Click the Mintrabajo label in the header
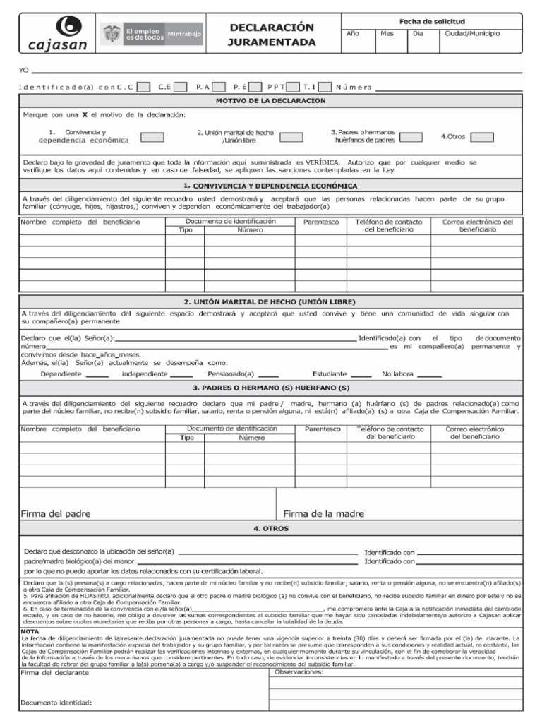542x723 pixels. click(x=183, y=33)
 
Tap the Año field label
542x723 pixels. click(x=353, y=33)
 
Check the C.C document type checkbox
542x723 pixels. click(x=143, y=88)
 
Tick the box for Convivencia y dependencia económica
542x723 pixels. click(x=152, y=138)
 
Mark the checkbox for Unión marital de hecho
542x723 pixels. click(x=291, y=138)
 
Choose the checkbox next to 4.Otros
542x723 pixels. click(x=482, y=137)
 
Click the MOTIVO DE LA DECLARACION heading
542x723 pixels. click(x=271, y=101)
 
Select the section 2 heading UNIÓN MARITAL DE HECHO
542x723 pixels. click(x=271, y=301)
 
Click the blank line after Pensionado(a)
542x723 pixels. click(x=268, y=375)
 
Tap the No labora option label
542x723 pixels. click(x=399, y=374)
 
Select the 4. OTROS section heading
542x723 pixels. click(x=271, y=529)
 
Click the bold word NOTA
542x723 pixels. click(x=30, y=631)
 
